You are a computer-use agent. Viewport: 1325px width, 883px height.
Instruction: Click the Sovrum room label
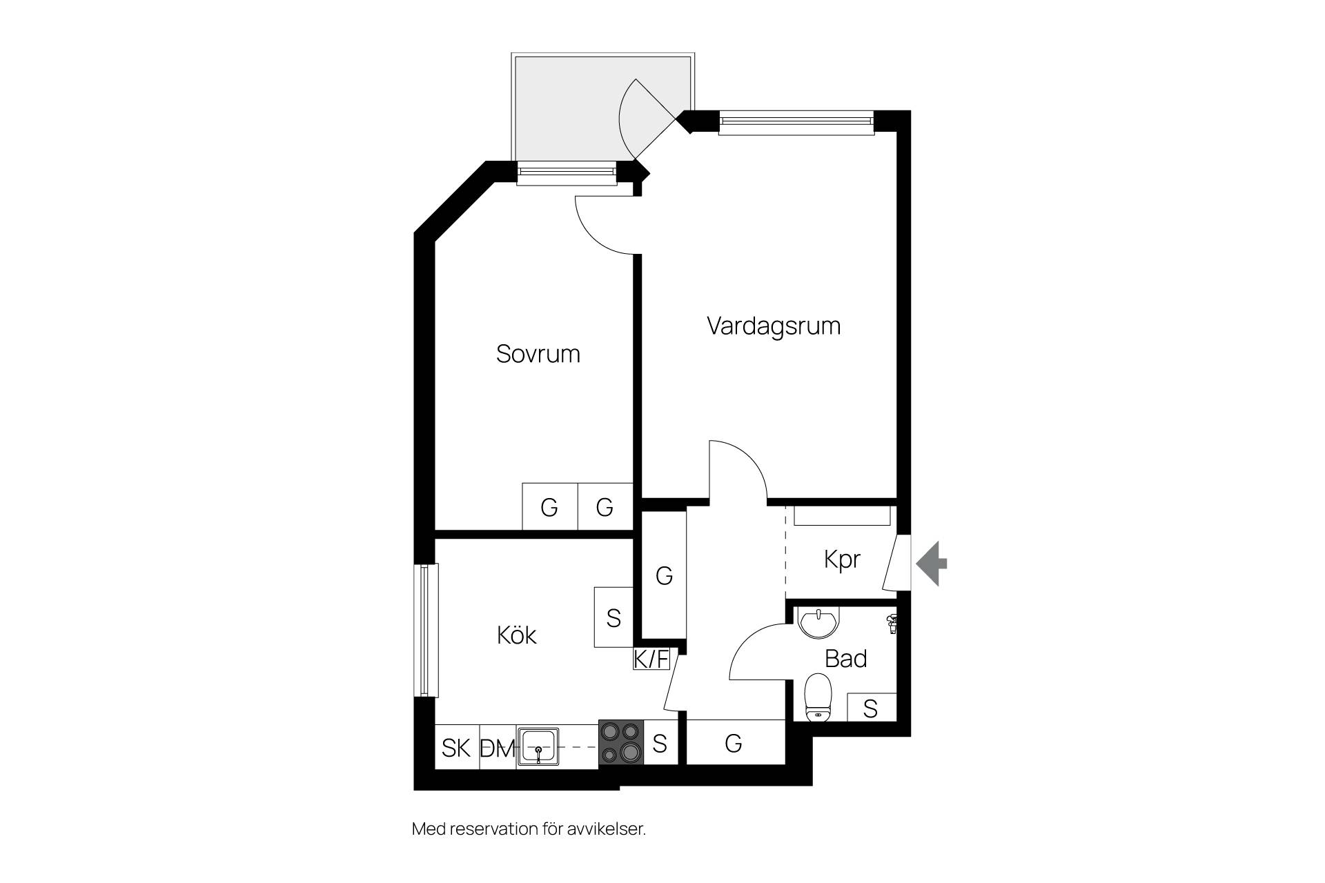tap(538, 354)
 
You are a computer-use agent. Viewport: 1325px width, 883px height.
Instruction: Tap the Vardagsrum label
tap(774, 326)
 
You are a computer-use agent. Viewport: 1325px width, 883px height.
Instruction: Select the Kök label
tap(516, 635)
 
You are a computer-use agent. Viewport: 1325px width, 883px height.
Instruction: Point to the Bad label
tap(845, 659)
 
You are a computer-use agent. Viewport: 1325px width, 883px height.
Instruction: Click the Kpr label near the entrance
tap(842, 559)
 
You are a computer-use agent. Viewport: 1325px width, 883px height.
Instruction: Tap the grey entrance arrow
tap(932, 564)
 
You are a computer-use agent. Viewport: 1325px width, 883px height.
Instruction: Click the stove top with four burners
tap(621, 743)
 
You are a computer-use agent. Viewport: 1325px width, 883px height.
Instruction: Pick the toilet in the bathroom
tap(819, 697)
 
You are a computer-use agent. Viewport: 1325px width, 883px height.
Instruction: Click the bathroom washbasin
tap(818, 622)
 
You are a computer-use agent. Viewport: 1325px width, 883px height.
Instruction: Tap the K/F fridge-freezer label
tap(651, 659)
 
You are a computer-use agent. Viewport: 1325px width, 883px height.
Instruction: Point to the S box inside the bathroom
tap(871, 708)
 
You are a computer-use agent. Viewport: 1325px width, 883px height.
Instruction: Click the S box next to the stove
tap(660, 744)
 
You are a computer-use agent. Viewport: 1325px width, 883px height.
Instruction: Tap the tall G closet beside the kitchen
tap(664, 575)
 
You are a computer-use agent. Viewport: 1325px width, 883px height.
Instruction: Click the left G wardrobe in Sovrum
tap(549, 506)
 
